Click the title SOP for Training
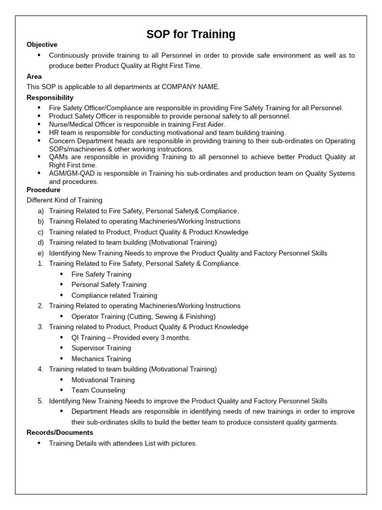coord(191,34)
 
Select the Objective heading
coord(42,45)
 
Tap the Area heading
coord(34,76)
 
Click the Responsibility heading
coord(50,98)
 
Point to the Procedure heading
coord(43,190)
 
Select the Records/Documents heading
coord(60,432)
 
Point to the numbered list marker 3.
coord(40,327)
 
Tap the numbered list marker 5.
coord(40,401)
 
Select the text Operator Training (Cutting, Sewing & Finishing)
coord(143,316)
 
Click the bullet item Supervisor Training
coord(101,348)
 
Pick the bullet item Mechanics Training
coord(101,359)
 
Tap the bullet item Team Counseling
coord(98,390)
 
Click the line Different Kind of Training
coord(64,200)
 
